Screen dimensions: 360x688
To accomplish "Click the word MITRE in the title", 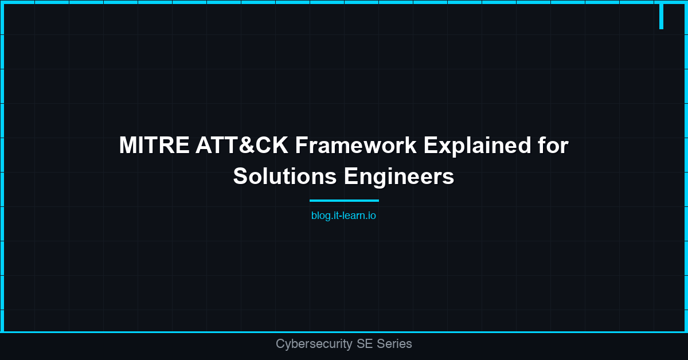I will (154, 146).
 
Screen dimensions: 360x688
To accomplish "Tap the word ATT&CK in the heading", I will (241, 146).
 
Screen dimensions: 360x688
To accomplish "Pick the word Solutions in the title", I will (284, 177).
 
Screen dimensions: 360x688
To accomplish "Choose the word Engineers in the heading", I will (399, 177).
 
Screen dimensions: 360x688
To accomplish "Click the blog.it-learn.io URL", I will (343, 216).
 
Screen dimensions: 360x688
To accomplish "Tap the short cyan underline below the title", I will (344, 201).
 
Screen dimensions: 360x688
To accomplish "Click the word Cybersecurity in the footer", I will (314, 344).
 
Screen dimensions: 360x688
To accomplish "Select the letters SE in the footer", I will (364, 344).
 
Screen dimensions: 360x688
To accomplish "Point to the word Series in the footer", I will (394, 344).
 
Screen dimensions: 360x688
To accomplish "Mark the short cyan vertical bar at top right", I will (661, 16).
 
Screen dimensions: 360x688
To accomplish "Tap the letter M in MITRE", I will (128, 146).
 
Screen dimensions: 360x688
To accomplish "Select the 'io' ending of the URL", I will (372, 216).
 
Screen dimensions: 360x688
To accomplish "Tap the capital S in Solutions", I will (240, 177).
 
